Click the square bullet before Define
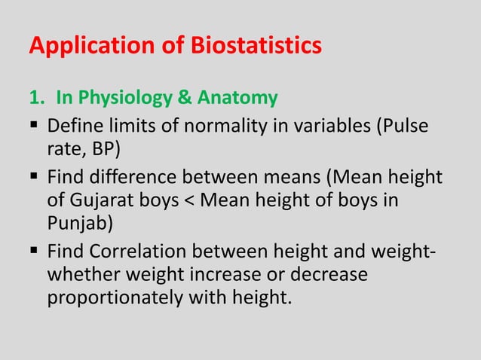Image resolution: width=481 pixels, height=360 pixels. click(35, 124)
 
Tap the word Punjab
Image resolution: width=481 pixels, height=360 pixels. click(78, 227)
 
